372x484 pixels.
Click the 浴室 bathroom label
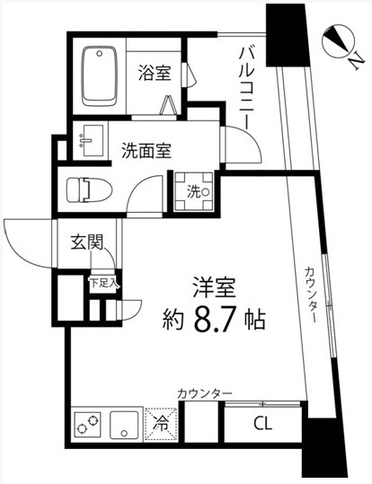(x=155, y=73)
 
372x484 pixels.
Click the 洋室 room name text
(x=214, y=289)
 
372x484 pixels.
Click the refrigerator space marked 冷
(x=163, y=421)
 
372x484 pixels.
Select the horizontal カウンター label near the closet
(x=204, y=393)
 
